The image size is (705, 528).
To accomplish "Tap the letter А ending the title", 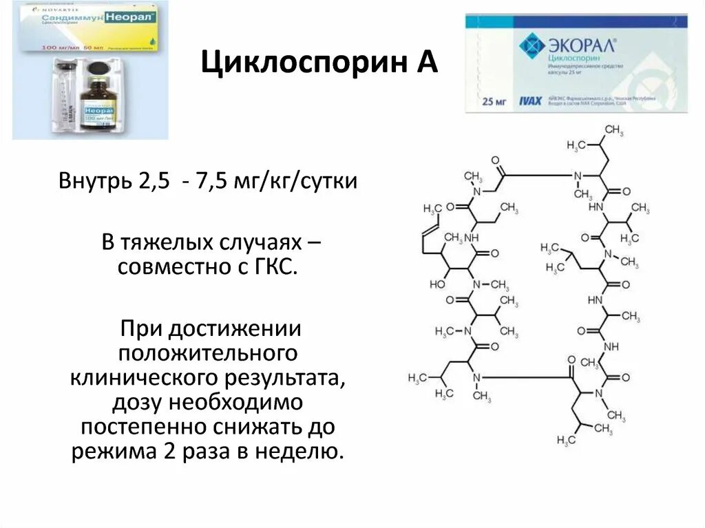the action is point(426,64).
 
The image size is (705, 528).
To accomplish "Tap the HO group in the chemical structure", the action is point(439,283).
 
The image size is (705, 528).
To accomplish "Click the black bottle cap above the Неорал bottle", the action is point(97,70).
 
